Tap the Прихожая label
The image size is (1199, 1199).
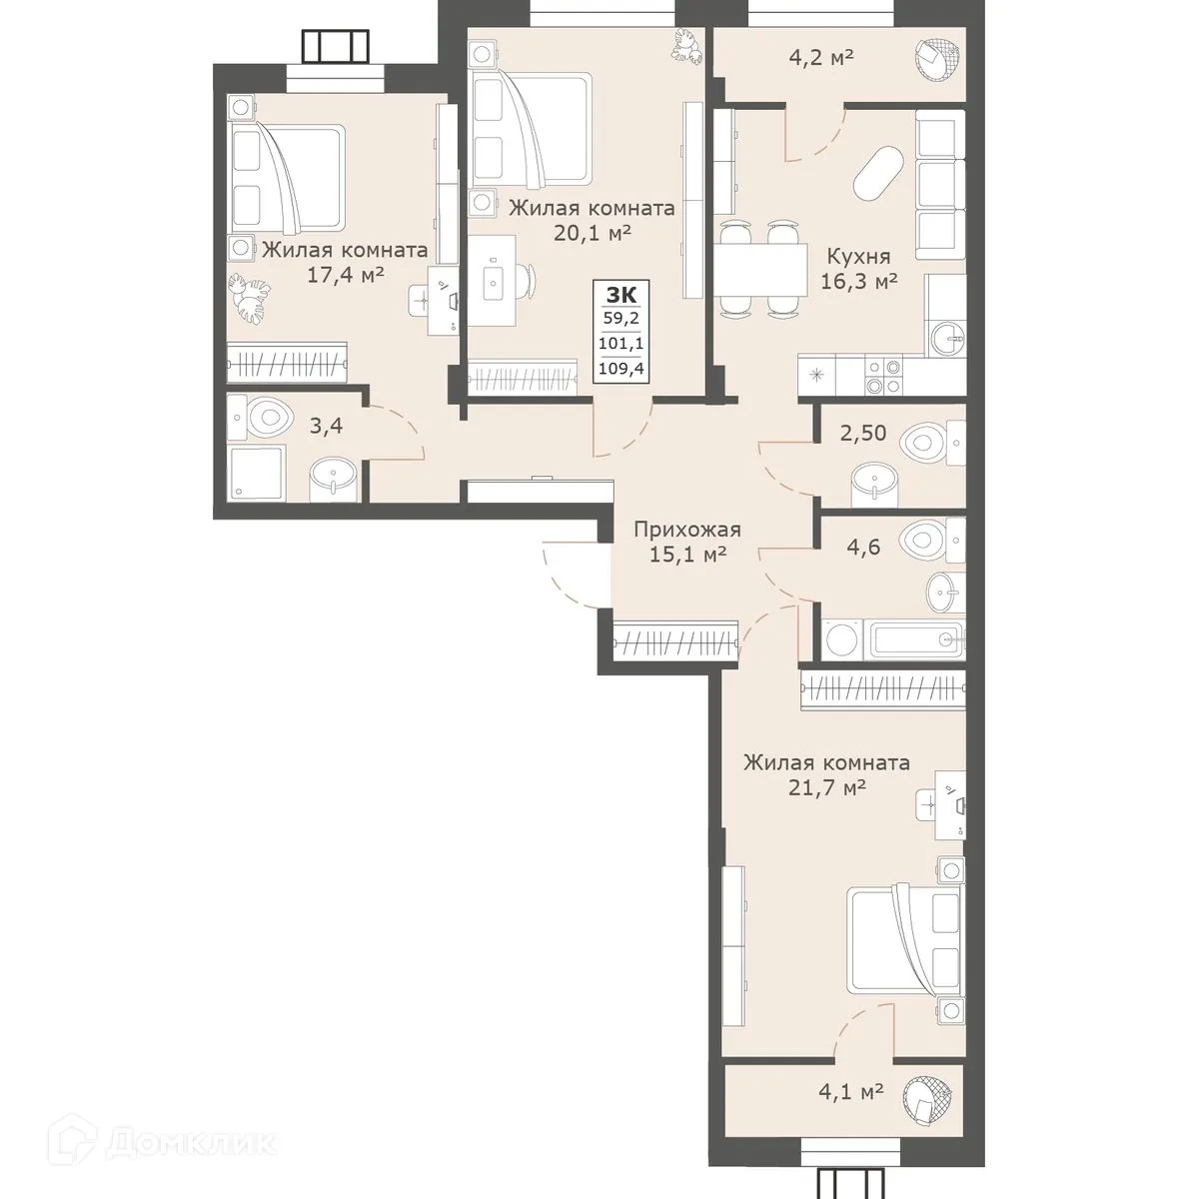click(688, 530)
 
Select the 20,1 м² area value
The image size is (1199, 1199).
click(591, 233)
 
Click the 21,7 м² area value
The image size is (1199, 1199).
click(825, 787)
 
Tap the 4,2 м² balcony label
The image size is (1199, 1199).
click(822, 57)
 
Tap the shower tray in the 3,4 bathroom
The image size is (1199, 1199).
click(258, 473)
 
